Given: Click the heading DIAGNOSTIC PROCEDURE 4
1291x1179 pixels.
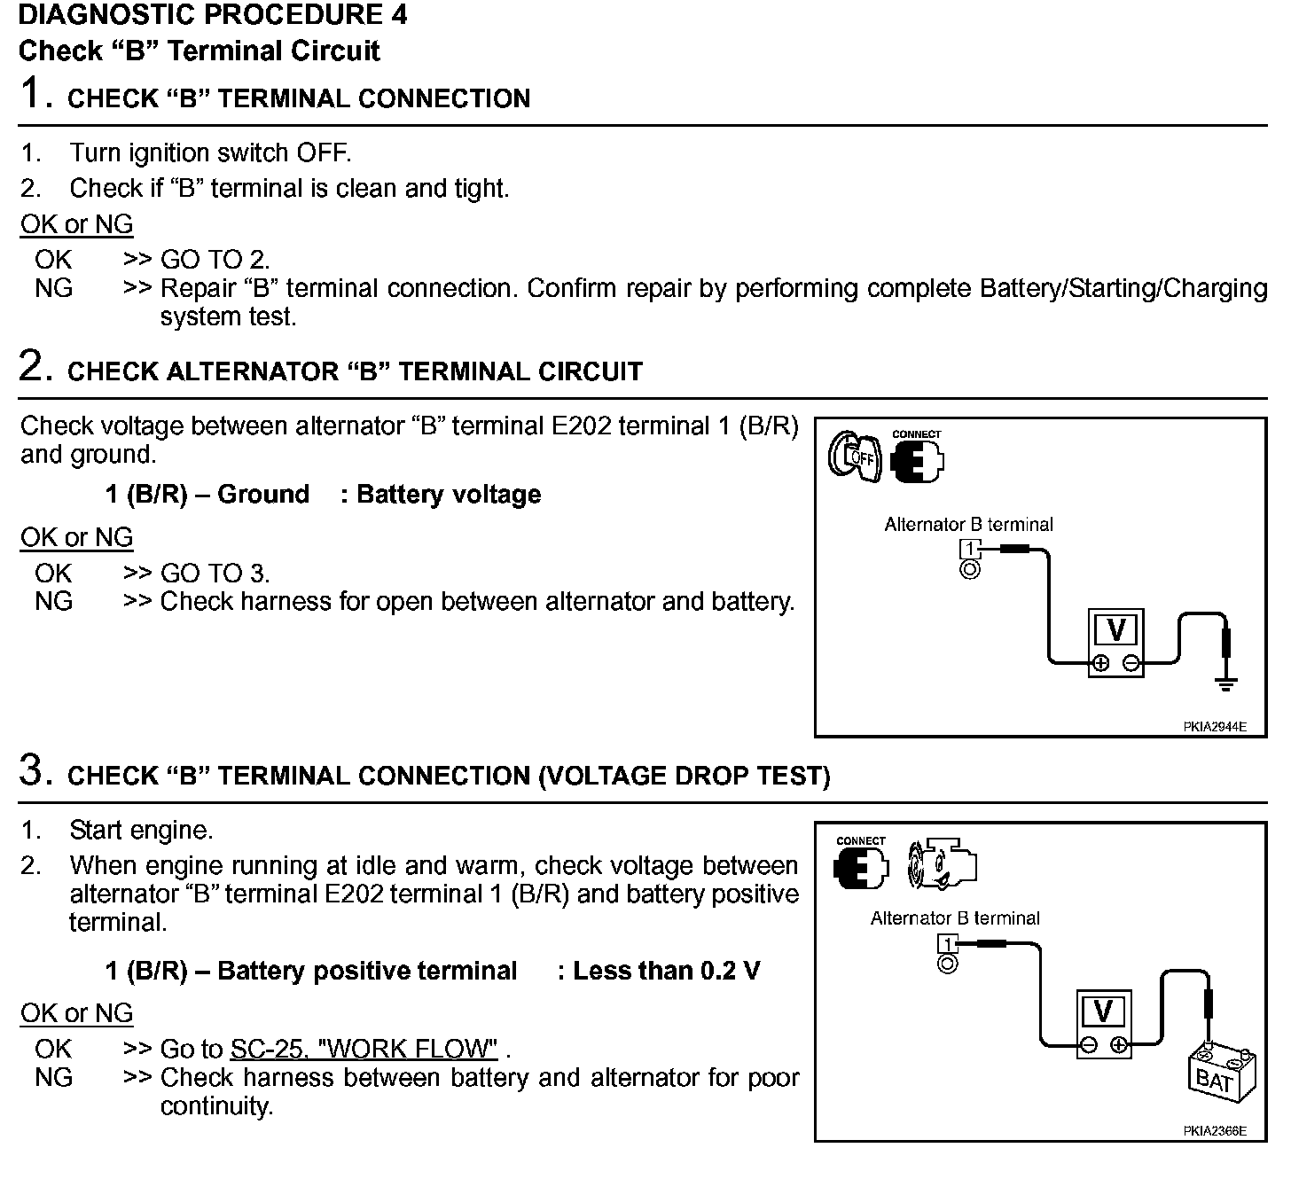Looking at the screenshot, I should [213, 15].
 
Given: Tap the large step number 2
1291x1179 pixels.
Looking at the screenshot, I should [31, 367].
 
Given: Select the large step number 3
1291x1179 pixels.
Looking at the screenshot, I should [31, 771].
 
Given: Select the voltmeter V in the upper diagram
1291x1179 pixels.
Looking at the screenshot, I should [1115, 642].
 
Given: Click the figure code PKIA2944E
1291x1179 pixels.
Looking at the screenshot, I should [1214, 727].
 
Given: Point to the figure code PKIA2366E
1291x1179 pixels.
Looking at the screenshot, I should [1214, 1131].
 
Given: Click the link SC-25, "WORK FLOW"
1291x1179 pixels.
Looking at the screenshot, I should [364, 1050].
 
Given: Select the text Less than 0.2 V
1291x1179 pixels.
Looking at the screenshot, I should [666, 971].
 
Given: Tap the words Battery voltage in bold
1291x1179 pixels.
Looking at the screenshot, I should [448, 495].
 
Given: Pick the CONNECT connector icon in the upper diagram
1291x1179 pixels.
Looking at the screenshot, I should [917, 457].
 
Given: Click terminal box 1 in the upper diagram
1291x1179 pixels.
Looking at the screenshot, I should [971, 550].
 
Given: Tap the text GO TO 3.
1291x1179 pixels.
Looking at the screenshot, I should [215, 574].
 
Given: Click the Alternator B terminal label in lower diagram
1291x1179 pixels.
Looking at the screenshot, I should [955, 918].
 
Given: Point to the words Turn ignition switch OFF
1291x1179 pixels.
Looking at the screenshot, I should [210, 153].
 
